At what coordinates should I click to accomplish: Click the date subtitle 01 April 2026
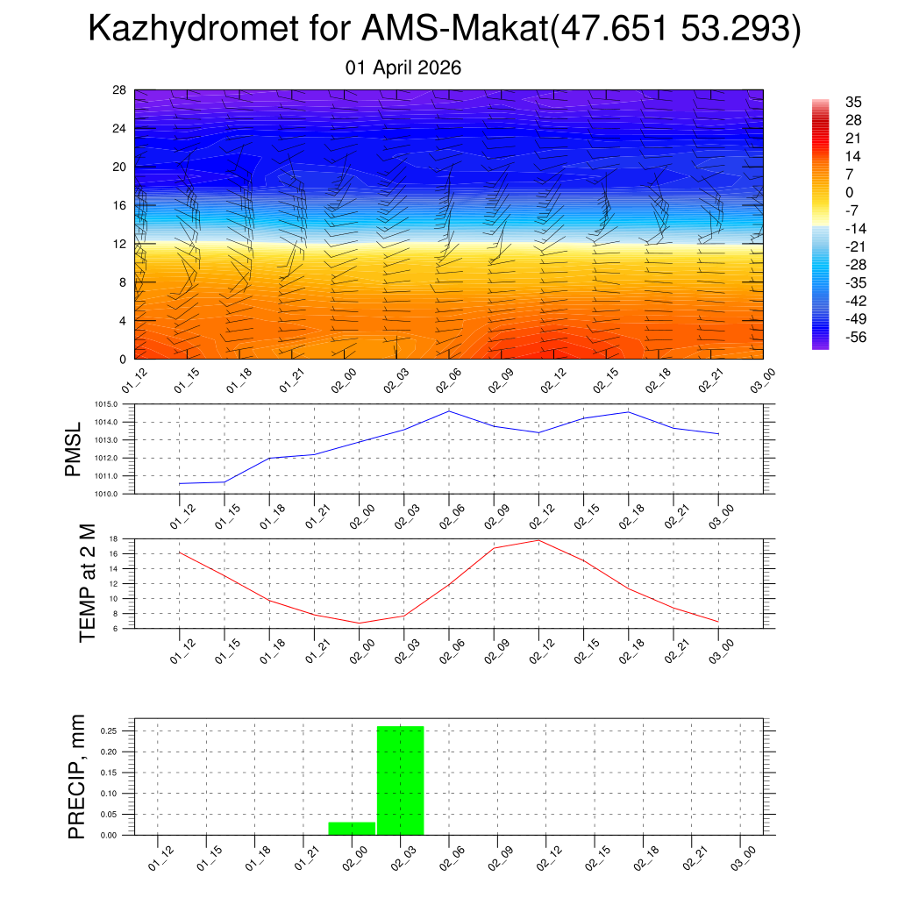pos(404,68)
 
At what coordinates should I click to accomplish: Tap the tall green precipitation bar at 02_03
pos(401,780)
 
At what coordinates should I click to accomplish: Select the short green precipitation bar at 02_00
pos(352,828)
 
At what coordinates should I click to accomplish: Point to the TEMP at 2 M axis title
pos(86,582)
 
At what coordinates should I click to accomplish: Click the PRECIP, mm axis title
pos(77,776)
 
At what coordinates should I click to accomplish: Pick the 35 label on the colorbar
pos(854,102)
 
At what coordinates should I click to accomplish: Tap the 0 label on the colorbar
pos(849,192)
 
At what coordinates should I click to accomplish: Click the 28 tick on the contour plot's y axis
pos(118,90)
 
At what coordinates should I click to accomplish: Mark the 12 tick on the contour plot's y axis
pos(118,244)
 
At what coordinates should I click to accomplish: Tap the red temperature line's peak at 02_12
pos(538,540)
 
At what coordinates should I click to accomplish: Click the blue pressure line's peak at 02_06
pos(449,410)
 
